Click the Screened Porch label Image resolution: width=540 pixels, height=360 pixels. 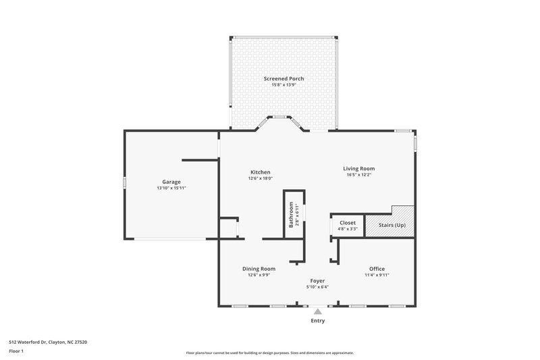coord(283,78)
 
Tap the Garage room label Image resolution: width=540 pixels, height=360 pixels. coord(171,181)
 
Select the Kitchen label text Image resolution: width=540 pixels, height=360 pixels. coord(259,172)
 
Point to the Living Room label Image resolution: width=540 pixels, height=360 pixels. coord(359,168)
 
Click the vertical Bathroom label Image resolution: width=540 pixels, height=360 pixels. coord(292,214)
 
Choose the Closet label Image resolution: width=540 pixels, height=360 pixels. coord(348,222)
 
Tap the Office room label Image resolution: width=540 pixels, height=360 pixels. coord(377,269)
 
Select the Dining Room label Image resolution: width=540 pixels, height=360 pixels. coord(259,269)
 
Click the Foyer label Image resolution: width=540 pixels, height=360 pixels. coord(317,280)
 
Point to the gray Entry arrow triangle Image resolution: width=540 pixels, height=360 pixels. coord(317,311)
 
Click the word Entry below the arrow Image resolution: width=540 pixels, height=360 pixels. coord(317,321)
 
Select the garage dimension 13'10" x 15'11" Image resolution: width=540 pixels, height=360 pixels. coord(171,188)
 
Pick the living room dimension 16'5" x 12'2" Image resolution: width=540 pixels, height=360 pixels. coord(359,175)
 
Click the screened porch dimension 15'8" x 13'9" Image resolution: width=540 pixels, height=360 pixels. coord(283,85)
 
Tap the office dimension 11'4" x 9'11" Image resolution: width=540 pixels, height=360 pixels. coord(377,276)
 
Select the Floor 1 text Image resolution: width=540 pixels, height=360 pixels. coord(17,352)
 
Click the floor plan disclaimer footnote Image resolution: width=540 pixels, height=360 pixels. coord(270,353)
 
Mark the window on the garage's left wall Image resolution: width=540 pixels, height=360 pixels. coord(124,182)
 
